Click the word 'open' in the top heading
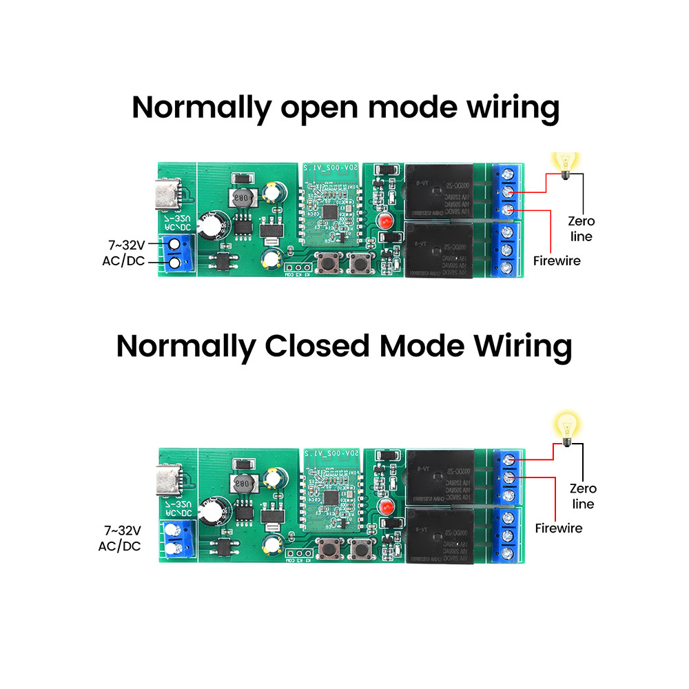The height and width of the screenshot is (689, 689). point(320,110)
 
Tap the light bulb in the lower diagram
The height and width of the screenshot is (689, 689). point(566,427)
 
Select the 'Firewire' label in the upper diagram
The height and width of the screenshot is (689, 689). point(557,261)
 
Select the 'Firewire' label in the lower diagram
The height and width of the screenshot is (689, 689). point(559,528)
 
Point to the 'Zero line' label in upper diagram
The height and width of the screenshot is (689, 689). point(581,229)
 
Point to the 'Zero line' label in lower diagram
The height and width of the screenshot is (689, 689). point(583,496)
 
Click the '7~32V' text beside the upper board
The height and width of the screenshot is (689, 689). point(127,245)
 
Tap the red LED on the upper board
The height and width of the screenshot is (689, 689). point(384,222)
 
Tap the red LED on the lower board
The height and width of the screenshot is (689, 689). point(384,507)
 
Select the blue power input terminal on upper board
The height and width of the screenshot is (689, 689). point(177,253)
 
